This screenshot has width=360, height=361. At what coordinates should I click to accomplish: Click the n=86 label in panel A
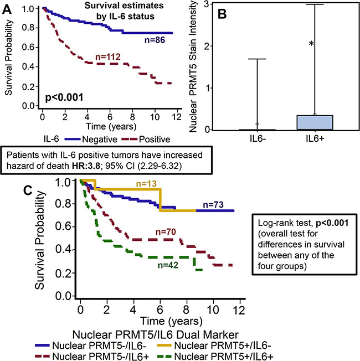(x=155, y=40)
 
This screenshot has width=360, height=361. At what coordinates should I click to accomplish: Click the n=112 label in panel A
(x=108, y=57)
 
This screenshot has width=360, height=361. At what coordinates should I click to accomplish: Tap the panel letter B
(x=222, y=14)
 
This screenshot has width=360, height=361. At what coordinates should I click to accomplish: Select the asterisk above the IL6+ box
(x=311, y=43)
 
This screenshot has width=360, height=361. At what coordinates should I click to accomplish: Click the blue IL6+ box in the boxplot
(x=315, y=122)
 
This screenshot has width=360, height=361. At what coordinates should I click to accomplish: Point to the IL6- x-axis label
(x=258, y=138)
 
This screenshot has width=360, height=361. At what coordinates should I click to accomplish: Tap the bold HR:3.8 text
(x=86, y=166)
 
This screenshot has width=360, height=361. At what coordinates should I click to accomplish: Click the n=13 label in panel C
(x=146, y=183)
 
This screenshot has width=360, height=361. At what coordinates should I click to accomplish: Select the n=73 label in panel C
(x=213, y=205)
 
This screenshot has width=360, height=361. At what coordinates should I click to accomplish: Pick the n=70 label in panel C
(x=166, y=232)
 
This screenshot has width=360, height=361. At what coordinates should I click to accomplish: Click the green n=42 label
(x=168, y=265)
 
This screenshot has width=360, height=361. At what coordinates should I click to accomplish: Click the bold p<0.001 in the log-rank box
(x=332, y=223)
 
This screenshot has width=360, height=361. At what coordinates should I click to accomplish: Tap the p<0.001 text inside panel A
(x=64, y=97)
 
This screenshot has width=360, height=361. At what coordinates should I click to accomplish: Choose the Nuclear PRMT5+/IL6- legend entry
(x=214, y=345)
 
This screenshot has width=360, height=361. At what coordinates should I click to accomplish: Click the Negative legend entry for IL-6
(x=91, y=140)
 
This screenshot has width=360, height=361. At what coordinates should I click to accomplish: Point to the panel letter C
(x=28, y=190)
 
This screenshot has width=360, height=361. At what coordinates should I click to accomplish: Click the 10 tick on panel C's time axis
(x=213, y=310)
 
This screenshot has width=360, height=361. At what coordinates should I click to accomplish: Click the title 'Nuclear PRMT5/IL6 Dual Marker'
(x=156, y=334)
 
